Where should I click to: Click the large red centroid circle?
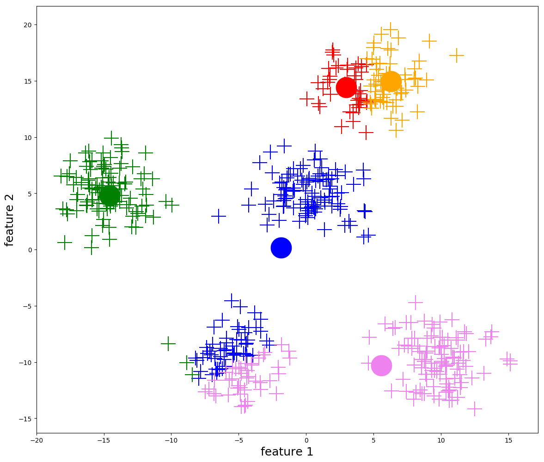(x=346, y=87)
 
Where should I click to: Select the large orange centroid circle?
(x=391, y=81)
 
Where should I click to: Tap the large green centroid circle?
(x=110, y=196)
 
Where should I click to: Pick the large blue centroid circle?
(x=281, y=248)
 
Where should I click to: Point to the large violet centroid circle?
(x=381, y=365)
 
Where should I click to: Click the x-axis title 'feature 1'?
(x=287, y=452)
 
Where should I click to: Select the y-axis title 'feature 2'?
(x=10, y=220)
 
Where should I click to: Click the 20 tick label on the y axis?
(x=27, y=25)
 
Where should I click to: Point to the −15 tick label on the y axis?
(x=25, y=419)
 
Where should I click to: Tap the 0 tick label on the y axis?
(x=29, y=250)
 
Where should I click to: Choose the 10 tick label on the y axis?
(x=27, y=138)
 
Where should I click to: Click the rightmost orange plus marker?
(x=457, y=55)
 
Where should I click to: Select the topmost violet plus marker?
(x=416, y=303)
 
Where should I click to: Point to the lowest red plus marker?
(x=366, y=133)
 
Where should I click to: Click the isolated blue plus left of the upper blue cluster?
(x=219, y=216)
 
